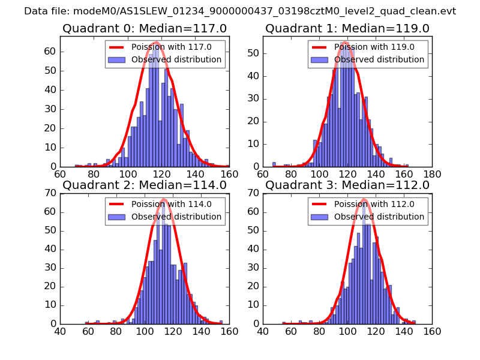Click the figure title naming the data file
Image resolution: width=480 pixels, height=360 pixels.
(240, 11)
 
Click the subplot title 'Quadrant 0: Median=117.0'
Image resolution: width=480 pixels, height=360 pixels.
(144, 28)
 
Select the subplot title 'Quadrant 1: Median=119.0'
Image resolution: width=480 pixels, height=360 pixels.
(347, 28)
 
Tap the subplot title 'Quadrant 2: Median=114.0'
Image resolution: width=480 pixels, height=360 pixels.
(144, 185)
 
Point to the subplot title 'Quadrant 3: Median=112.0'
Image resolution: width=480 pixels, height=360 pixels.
(347, 185)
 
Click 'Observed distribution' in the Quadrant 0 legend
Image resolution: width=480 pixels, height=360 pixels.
(176, 59)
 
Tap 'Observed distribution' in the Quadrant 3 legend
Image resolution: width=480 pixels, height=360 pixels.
(379, 217)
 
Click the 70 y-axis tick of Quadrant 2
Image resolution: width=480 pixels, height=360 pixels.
(50, 193)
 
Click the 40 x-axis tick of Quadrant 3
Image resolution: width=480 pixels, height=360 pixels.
(263, 331)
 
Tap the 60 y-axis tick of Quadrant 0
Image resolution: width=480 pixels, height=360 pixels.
(50, 51)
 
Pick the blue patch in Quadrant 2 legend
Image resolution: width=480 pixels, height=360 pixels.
(116, 217)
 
